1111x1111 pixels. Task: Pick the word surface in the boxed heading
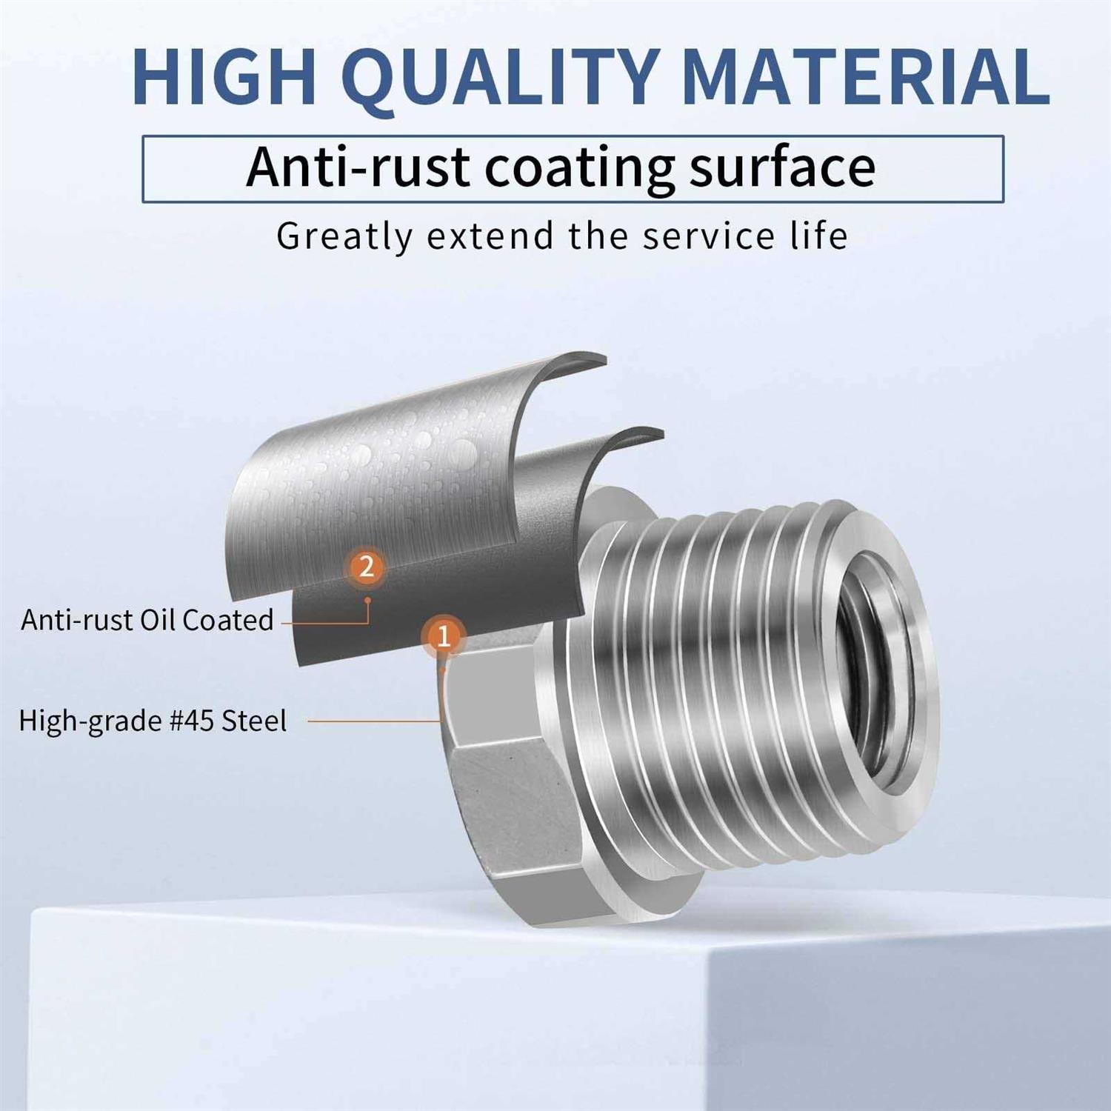pyautogui.click(x=782, y=167)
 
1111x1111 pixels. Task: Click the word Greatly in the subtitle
pyautogui.click(x=344, y=238)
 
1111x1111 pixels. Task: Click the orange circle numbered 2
pyautogui.click(x=366, y=567)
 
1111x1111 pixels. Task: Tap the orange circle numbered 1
pyautogui.click(x=444, y=635)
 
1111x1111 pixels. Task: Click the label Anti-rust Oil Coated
pyautogui.click(x=147, y=620)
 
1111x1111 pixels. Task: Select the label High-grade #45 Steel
pyautogui.click(x=153, y=721)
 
